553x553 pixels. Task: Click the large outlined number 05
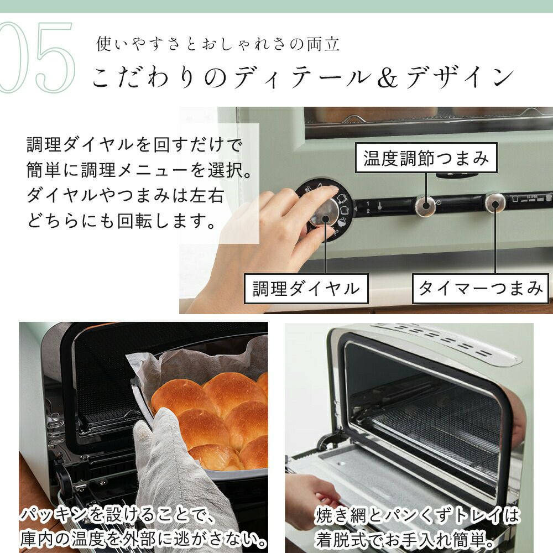click(x=37, y=57)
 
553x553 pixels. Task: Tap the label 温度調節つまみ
click(x=426, y=158)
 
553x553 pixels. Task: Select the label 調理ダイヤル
click(x=306, y=289)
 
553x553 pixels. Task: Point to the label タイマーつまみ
click(x=481, y=289)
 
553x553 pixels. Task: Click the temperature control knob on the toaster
click(x=425, y=205)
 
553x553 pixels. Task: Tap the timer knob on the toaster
click(x=495, y=203)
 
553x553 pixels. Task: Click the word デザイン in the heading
click(x=460, y=77)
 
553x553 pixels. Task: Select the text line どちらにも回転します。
click(x=122, y=221)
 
